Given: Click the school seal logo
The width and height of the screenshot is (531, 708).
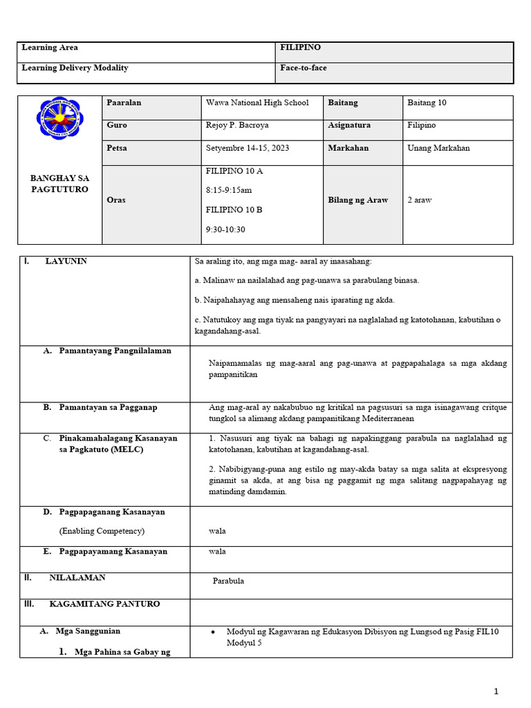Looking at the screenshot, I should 58,118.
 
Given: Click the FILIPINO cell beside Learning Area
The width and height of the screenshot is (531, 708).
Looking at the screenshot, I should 301,48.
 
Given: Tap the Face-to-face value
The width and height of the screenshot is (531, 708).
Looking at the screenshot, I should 303,68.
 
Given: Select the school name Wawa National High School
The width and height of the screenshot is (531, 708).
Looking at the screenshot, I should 257,102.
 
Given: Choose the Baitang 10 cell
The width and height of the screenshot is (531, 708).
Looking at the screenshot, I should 427,102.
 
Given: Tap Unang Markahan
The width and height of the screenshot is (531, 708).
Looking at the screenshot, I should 438,148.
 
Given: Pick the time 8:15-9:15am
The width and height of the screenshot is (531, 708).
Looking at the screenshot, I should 229,189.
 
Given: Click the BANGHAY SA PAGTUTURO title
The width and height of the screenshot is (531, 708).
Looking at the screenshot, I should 59,183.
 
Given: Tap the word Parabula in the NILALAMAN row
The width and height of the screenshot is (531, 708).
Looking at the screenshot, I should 228,581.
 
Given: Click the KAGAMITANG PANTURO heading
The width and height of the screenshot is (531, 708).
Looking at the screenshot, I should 104,604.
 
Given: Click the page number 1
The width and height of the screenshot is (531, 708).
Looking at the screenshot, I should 496,691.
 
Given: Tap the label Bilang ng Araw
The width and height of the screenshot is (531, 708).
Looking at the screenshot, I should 358,200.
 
